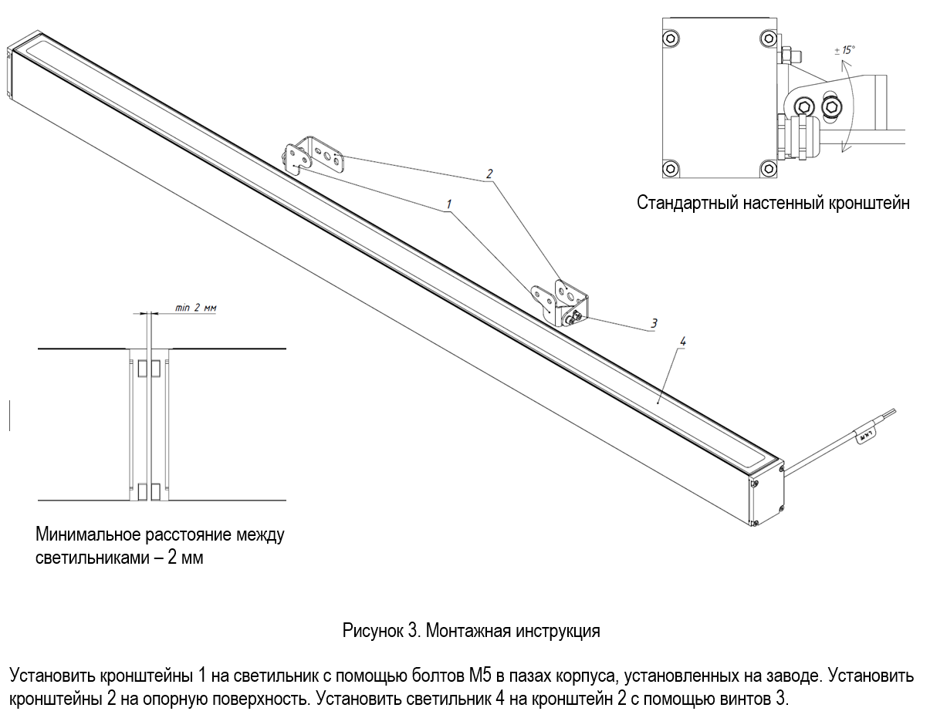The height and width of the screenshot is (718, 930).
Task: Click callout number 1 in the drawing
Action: point(449,204)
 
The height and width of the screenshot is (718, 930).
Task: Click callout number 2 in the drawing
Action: point(489,174)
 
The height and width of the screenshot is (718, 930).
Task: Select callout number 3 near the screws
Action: point(654,323)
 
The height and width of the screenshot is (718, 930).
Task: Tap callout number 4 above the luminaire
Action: point(682,341)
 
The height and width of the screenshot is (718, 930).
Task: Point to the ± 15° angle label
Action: point(844,50)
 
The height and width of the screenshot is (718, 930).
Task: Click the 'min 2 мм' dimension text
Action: point(195,308)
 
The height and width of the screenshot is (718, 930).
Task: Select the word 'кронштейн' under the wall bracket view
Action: point(869,203)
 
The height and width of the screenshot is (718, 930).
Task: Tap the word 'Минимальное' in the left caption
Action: point(88,534)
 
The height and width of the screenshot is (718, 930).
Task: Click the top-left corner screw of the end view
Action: point(671,39)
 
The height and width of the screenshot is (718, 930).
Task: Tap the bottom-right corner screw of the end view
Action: point(769,168)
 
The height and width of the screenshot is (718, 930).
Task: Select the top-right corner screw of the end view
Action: point(769,39)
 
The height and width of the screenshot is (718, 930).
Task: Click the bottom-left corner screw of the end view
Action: point(671,168)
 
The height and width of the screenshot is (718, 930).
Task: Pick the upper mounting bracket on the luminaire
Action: point(313,156)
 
